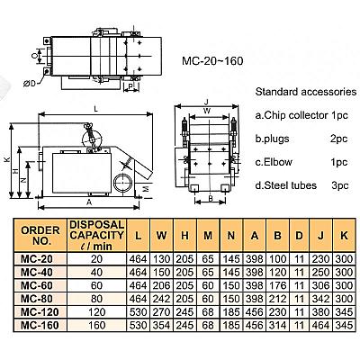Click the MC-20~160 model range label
tap(212, 61)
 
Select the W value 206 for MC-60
tap(161, 285)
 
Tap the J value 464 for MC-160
tap(320, 325)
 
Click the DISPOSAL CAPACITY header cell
tap(96, 236)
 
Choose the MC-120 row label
tap(40, 311)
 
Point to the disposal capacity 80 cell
tap(96, 299)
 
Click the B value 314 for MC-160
tap(277, 325)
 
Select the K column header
tap(344, 236)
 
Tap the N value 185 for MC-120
tap(231, 311)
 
